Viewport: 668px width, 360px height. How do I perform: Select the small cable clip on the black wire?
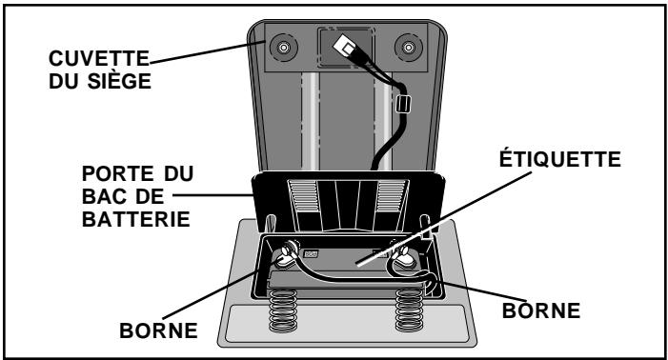coord(401,104)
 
